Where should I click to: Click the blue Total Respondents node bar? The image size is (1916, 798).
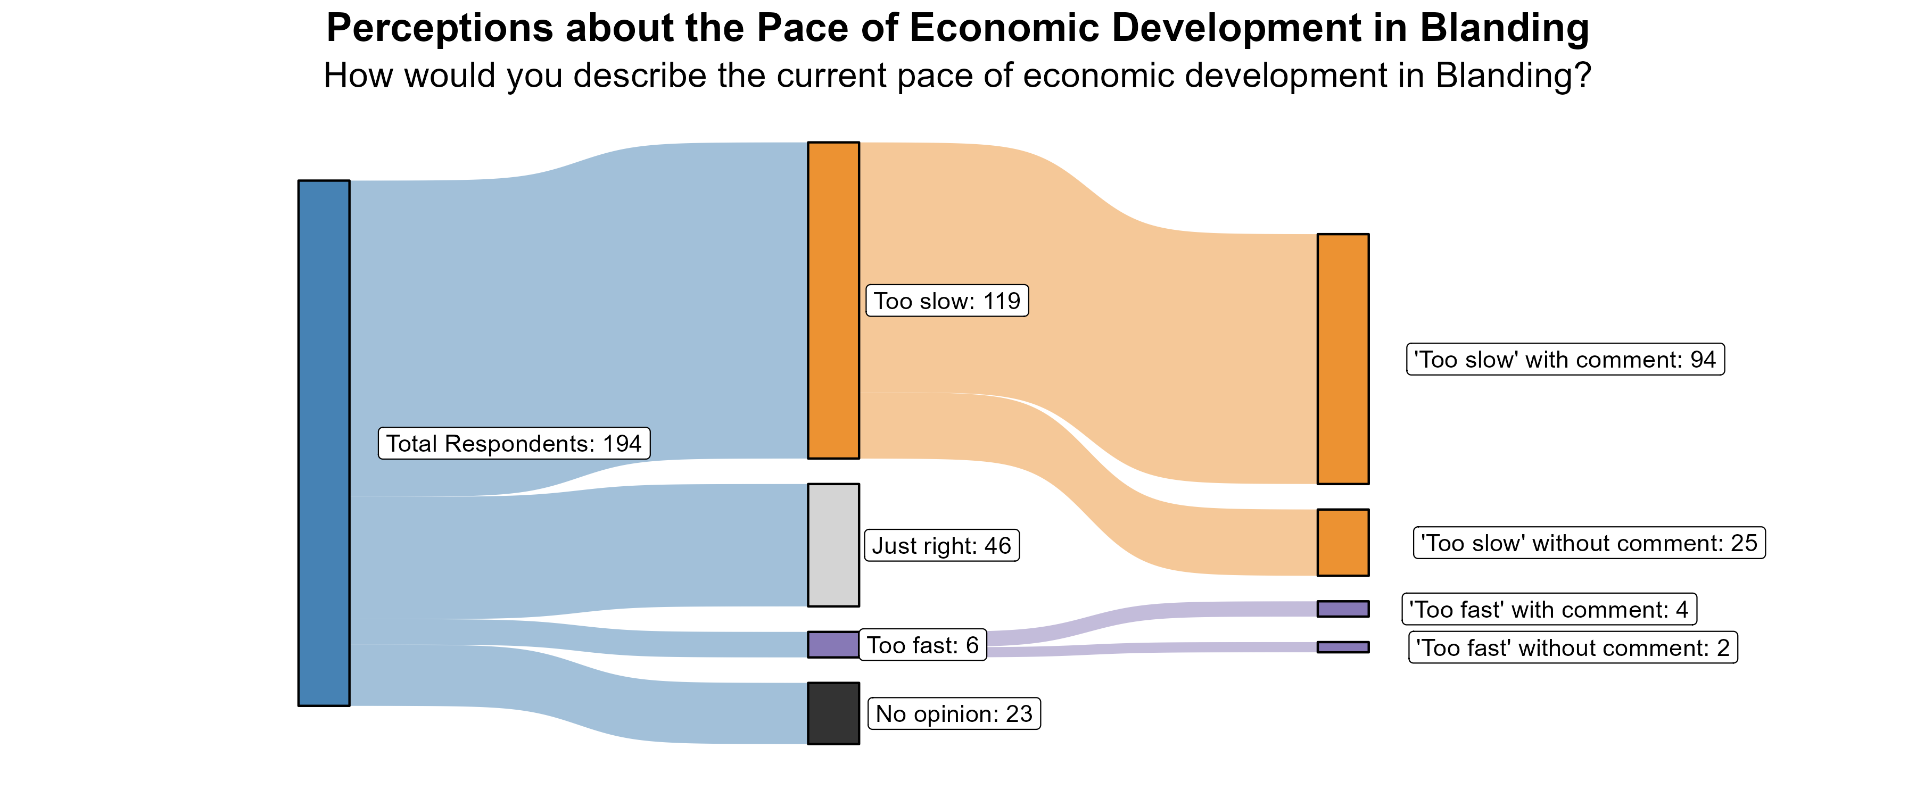tap(324, 443)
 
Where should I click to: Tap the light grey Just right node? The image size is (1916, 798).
tap(833, 545)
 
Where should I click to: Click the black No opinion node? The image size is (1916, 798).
tap(833, 713)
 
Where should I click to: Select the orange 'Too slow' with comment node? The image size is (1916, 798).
tap(1343, 359)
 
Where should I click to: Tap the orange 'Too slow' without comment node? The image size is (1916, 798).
tap(1343, 542)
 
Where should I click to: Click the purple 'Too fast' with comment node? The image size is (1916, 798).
tap(1343, 609)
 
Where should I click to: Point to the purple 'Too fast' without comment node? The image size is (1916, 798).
tap(1343, 647)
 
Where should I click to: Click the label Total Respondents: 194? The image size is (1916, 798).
tap(514, 443)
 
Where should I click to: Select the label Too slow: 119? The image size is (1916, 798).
tap(947, 301)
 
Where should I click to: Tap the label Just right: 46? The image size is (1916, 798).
tap(942, 545)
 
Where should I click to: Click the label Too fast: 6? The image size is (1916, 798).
tap(922, 645)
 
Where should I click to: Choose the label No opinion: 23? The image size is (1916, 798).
tap(954, 713)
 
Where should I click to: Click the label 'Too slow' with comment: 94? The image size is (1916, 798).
tap(1565, 359)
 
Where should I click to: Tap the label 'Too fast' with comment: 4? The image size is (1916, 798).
tap(1549, 609)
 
